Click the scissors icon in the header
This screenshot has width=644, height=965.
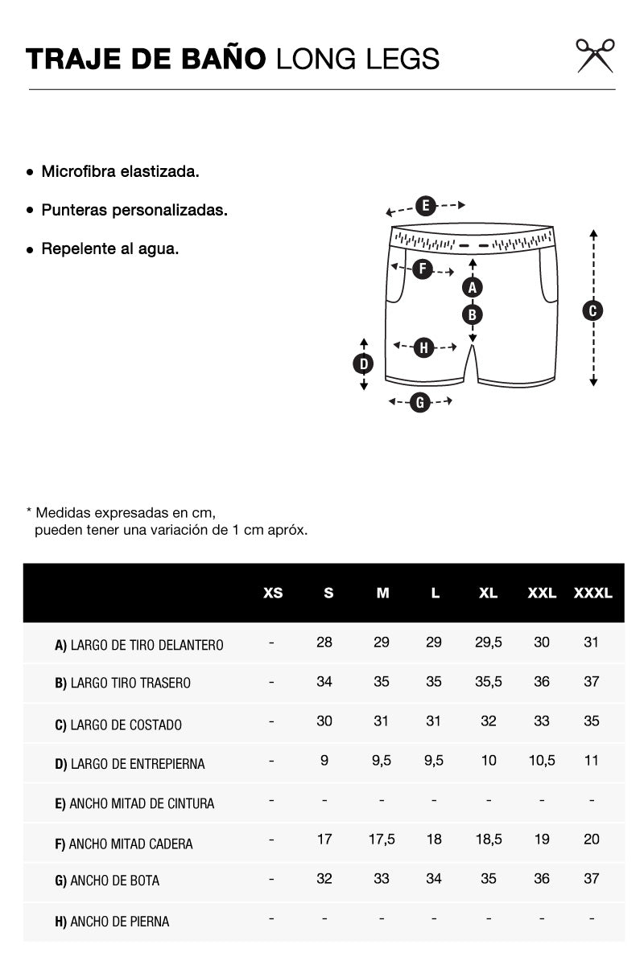coord(595,55)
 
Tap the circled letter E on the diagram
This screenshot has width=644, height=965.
coord(426,205)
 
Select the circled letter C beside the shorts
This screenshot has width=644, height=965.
coord(592,310)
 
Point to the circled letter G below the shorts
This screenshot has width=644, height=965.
coord(420,402)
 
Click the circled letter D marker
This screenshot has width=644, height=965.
coord(364,363)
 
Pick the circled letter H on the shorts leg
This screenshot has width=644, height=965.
coord(424,347)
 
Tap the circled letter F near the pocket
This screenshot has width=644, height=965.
coord(423,269)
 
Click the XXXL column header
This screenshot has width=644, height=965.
coord(592,593)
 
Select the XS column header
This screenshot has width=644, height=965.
coord(273,593)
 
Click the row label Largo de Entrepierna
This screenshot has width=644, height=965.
coord(130,764)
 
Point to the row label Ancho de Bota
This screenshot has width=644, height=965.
coord(107,881)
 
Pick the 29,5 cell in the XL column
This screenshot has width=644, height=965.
coord(489,643)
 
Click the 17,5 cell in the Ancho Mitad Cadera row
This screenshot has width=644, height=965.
coord(382,840)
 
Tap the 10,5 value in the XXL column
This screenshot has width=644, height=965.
coord(542,761)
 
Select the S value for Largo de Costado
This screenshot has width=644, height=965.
coord(324,721)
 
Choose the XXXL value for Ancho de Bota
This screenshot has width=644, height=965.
coord(592,879)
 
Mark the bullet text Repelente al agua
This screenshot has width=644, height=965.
coord(110,248)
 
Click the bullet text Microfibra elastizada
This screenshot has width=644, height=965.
coord(120,171)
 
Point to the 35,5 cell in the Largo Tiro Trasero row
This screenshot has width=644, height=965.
coord(489,682)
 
